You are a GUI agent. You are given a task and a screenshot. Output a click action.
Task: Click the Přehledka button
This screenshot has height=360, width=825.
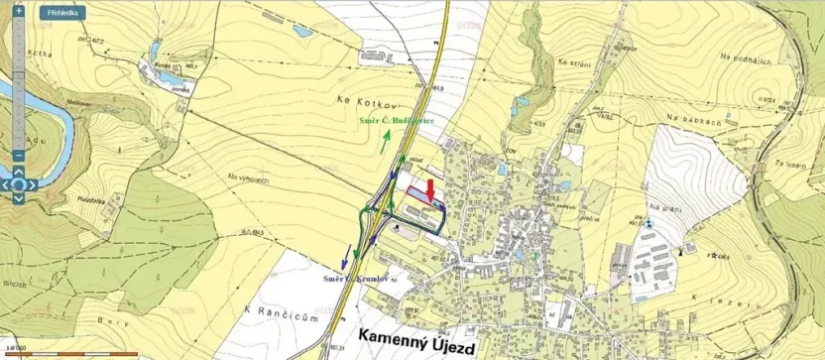click(61, 14)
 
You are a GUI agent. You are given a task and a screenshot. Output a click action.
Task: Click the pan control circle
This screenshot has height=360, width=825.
click(18, 184)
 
